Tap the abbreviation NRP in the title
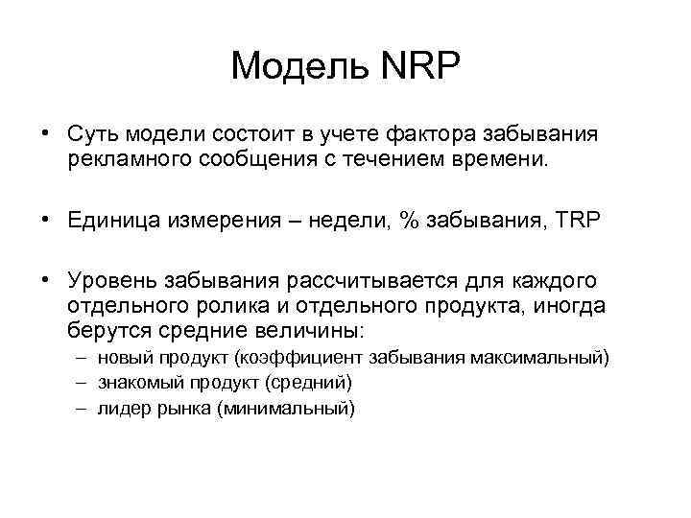tap(419, 66)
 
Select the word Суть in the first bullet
tap(94, 132)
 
